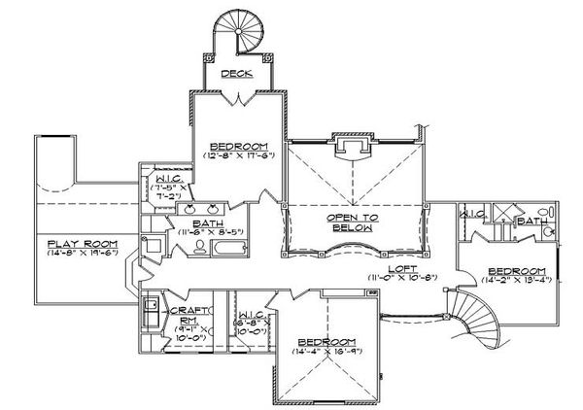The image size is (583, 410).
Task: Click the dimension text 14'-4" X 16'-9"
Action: [325, 351]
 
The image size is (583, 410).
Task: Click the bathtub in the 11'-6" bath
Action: [234, 255]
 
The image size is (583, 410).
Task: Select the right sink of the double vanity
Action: [217, 208]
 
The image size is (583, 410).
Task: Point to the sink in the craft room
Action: [151, 312]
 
